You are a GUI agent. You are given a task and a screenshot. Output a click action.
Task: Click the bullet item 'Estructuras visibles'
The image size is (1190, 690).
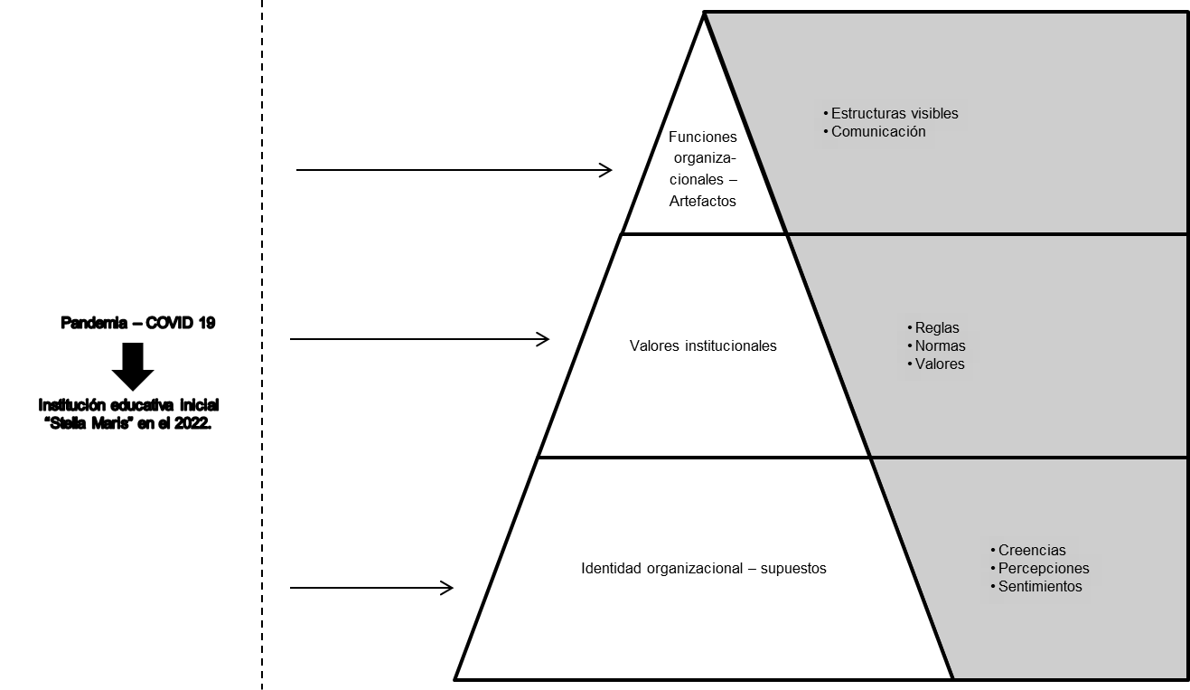(x=895, y=114)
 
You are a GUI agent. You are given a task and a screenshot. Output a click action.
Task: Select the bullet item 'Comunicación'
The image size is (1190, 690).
(x=878, y=132)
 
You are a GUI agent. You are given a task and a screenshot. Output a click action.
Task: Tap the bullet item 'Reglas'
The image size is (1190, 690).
(x=937, y=328)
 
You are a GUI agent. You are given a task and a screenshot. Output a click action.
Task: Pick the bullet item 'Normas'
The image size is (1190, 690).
(x=940, y=346)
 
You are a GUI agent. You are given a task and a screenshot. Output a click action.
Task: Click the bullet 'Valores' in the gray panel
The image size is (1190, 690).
(x=940, y=364)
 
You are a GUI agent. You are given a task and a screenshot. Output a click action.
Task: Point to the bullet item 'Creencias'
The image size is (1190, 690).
(x=1032, y=551)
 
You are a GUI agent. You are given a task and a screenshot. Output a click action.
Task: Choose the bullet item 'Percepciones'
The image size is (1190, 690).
(x=1044, y=569)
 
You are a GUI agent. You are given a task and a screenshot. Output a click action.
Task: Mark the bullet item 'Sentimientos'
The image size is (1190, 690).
(x=1040, y=587)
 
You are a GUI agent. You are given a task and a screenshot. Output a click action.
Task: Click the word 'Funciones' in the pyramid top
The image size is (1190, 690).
(x=703, y=137)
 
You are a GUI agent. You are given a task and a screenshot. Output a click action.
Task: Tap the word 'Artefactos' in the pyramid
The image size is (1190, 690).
(x=703, y=202)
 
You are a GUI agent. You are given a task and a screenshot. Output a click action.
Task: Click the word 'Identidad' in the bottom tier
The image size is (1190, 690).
(x=610, y=569)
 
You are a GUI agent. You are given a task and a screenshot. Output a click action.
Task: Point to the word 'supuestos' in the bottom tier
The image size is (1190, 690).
(x=793, y=569)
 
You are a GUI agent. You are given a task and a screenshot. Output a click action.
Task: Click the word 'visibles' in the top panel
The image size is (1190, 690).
(x=931, y=114)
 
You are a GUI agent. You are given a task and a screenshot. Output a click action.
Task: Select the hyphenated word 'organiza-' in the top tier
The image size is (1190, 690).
(x=703, y=159)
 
